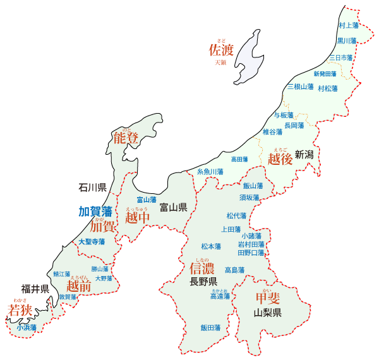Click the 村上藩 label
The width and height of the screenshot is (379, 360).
348,26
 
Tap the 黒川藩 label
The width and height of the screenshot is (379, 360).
346,40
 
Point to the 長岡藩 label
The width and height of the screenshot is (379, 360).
294,126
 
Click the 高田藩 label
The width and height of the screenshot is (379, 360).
239,159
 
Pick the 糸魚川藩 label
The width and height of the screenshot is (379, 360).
210,172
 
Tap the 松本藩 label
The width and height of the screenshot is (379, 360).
211,246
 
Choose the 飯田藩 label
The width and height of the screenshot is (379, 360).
210,328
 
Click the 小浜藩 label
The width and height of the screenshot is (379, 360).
27,327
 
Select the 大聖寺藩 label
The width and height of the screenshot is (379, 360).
92,242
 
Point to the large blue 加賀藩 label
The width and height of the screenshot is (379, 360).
95,211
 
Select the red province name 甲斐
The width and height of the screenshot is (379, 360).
268,299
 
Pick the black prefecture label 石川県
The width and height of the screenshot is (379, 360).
92,188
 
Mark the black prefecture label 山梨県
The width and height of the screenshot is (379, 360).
267,313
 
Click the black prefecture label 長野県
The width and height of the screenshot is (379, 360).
204,282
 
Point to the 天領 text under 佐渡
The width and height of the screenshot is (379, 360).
220,63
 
